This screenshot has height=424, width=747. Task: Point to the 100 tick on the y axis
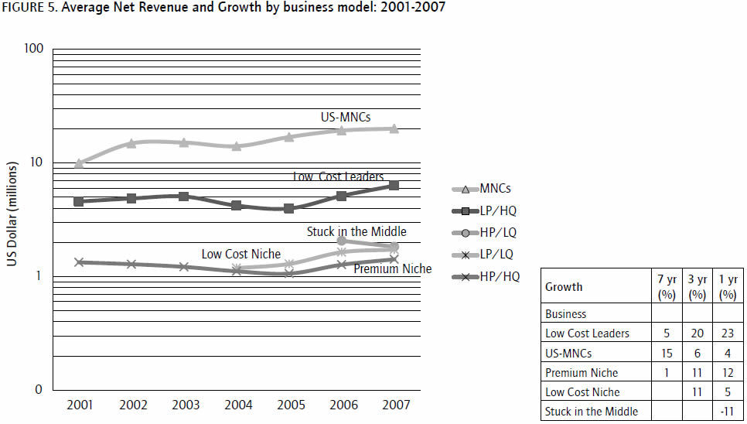32,49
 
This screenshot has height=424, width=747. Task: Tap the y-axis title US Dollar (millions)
12,215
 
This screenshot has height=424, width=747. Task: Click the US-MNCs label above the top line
346,118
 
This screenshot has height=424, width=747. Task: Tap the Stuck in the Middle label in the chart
356,231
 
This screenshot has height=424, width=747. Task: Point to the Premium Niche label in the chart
393,268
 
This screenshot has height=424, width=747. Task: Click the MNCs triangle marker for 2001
79,163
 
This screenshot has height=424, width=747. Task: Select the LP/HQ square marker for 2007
394,186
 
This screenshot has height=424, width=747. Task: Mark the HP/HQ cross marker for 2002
131,264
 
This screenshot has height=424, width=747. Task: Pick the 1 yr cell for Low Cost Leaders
727,333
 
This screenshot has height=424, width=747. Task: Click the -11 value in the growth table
727,411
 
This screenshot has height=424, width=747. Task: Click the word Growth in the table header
564,286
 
